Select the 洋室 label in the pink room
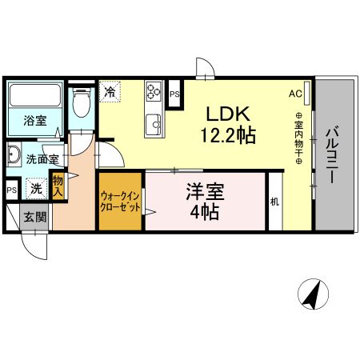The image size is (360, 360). (205, 192)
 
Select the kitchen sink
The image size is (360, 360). (153, 123)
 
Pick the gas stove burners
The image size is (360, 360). (153, 93)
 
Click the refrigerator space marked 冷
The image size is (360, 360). (110, 92)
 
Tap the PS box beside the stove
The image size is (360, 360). (175, 94)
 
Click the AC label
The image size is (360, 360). (295, 93)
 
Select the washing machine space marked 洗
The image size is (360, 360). (36, 190)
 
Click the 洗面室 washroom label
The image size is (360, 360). (42, 159)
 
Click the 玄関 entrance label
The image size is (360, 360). (34, 216)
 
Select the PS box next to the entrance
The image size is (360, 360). (11, 190)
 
